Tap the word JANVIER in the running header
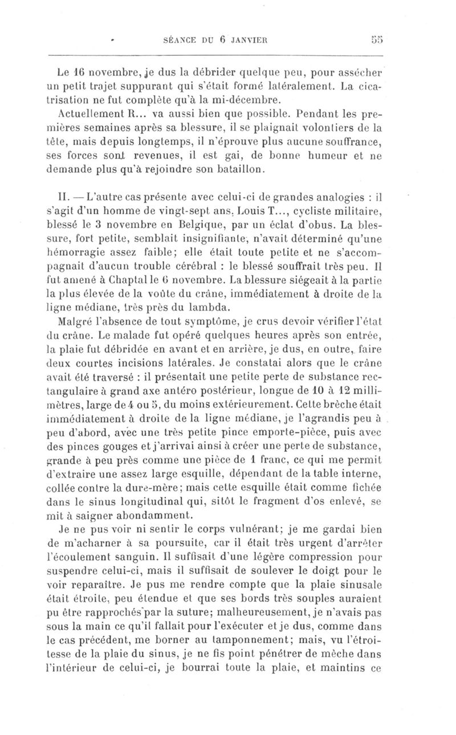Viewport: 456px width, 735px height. point(248,40)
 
